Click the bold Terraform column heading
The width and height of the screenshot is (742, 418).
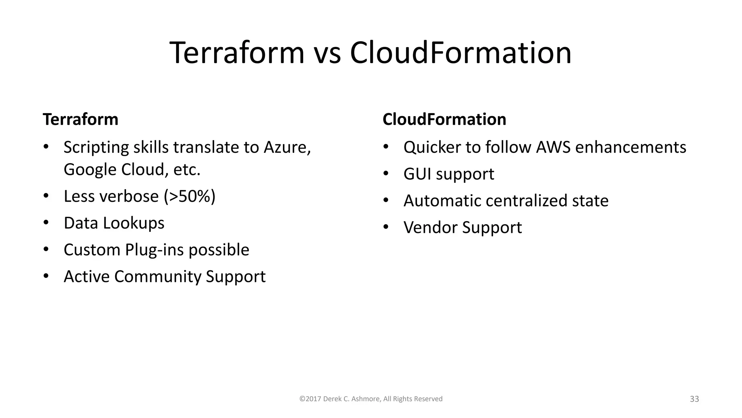click(80, 119)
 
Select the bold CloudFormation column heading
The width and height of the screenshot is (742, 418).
click(444, 119)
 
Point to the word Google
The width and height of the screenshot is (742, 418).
click(90, 169)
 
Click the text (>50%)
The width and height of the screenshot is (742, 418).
click(189, 196)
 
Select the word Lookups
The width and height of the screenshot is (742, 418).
click(134, 223)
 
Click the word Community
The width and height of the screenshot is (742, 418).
click(158, 276)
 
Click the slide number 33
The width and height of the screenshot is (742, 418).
click(694, 399)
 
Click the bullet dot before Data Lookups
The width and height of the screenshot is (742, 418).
click(46, 222)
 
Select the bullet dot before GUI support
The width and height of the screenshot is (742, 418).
click(385, 173)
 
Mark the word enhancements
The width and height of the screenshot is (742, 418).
click(631, 147)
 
